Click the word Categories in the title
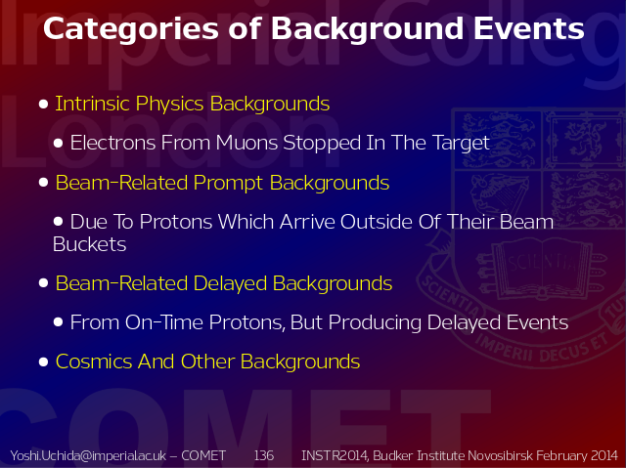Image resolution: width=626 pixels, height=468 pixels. coord(130,29)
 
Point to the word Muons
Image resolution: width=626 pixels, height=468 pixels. coord(246,143)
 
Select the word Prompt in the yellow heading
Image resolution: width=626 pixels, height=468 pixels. coord(228,184)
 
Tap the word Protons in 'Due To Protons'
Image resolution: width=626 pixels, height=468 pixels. coord(176,222)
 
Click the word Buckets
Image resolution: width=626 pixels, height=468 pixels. coord(89,244)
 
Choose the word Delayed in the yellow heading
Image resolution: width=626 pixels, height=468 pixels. coord(230,283)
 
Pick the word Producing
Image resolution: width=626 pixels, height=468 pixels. coord(375,322)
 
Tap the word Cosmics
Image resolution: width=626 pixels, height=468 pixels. coord(95,362)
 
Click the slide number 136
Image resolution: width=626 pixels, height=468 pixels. coord(264,455)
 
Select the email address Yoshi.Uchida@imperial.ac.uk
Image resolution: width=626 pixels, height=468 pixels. coord(88,455)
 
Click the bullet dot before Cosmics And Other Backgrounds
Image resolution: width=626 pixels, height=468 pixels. coord(43,362)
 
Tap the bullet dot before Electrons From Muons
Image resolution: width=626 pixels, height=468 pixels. coord(58,143)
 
